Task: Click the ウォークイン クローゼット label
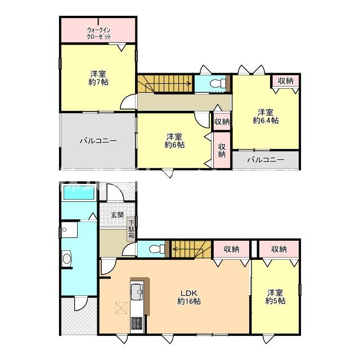point(99,34)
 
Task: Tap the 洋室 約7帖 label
point(98,78)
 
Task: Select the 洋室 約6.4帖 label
point(265,116)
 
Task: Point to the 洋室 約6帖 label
point(174,141)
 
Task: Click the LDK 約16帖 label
point(189,297)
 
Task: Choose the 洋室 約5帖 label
point(275,297)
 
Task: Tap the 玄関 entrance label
point(118,215)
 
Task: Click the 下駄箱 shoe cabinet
point(131,229)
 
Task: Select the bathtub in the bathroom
point(78,192)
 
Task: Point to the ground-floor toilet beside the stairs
point(157,249)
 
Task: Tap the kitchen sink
point(137,291)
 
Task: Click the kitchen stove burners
point(137,323)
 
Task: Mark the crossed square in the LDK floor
point(121,308)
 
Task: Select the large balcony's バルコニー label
point(98,141)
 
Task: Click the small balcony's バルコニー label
point(265,160)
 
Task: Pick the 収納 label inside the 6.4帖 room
point(286,80)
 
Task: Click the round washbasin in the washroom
point(67,259)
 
